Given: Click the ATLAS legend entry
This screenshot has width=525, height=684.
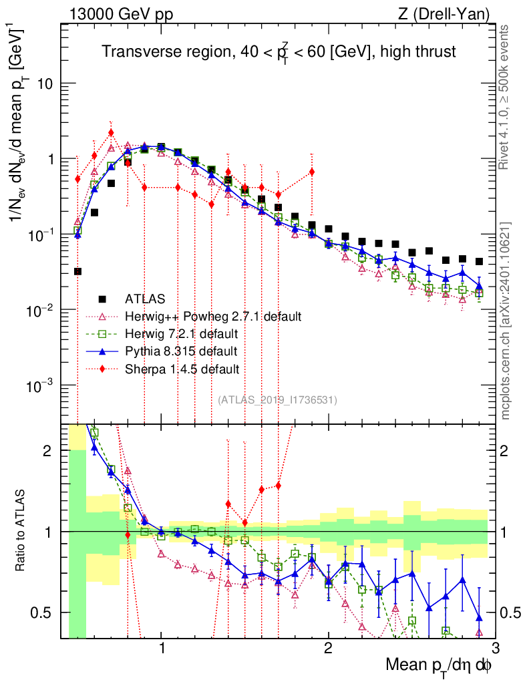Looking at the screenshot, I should click(x=145, y=299).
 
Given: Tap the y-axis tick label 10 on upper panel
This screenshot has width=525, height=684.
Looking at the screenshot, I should click(x=47, y=84).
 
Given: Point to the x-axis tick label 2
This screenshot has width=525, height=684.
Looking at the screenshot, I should click(x=328, y=649).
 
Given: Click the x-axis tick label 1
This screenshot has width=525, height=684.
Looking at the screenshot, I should click(x=162, y=649).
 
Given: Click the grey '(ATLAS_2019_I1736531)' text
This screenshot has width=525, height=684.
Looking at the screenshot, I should click(x=277, y=400).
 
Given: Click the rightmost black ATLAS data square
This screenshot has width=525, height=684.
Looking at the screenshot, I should click(x=479, y=262).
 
